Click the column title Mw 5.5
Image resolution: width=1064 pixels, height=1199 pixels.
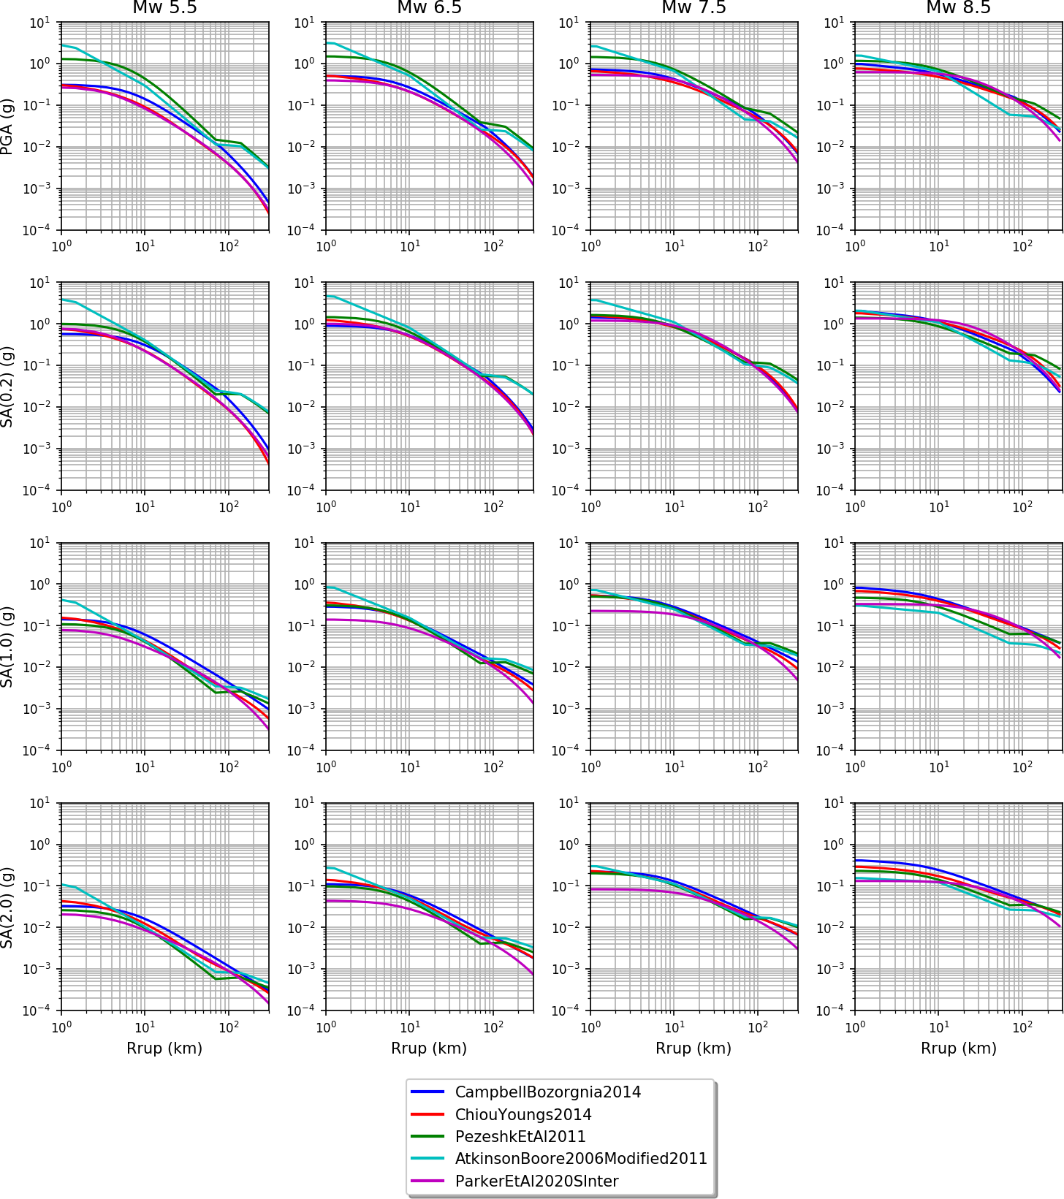(164, 8)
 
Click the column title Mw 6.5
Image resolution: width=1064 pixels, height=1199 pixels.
(429, 8)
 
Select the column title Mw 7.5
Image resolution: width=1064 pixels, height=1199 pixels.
(693, 8)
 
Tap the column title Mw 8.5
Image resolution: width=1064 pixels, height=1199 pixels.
(958, 8)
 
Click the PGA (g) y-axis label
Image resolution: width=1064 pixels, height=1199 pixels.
(7, 126)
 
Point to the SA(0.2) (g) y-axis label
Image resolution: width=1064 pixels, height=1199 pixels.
(7, 386)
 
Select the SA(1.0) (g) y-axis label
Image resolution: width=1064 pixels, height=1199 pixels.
(7, 646)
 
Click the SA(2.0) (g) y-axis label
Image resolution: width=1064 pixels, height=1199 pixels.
(7, 907)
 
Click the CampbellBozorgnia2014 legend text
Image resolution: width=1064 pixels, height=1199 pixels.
(547, 1092)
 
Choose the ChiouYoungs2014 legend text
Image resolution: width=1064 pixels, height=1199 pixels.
(523, 1115)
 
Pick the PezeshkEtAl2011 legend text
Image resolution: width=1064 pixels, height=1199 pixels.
(520, 1137)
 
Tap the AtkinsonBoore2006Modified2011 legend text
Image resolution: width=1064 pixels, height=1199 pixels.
(581, 1159)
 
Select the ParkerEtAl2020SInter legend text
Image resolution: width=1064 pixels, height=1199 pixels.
(536, 1181)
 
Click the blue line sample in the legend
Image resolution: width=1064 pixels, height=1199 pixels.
(427, 1092)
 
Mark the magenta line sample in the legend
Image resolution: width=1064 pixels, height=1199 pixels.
(427, 1181)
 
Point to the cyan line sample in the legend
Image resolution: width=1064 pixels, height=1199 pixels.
(427, 1159)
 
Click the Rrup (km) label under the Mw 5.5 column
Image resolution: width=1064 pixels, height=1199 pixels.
(164, 1048)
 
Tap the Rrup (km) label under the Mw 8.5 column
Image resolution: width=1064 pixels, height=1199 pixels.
(958, 1048)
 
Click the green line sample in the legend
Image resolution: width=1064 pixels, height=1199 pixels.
(427, 1137)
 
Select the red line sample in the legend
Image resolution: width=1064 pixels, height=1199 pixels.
(427, 1115)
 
